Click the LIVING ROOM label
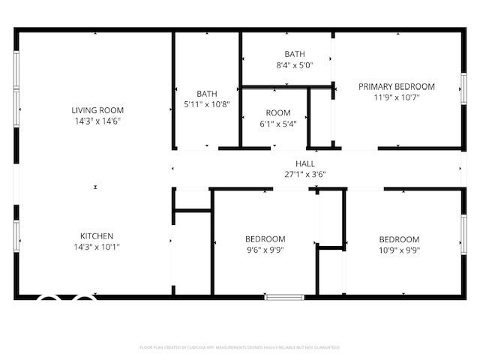click(x=97, y=110)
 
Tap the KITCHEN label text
click(x=97, y=236)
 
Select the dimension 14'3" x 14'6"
click(x=97, y=121)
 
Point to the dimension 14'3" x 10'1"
click(x=97, y=247)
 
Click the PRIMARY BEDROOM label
click(x=396, y=86)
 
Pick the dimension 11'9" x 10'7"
click(x=396, y=97)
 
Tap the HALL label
click(x=304, y=163)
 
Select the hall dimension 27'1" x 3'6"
click(x=304, y=174)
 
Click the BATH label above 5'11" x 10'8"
click(x=207, y=94)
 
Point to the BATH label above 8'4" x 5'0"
click(x=294, y=54)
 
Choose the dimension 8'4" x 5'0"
click(x=294, y=65)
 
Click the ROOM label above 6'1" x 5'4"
click(x=277, y=113)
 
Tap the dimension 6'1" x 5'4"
click(x=277, y=124)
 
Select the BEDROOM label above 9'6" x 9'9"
click(x=265, y=239)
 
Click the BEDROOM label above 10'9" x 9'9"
click(x=399, y=239)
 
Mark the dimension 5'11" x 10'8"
click(x=207, y=104)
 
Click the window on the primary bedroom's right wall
click(x=463, y=89)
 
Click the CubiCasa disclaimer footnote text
click(x=240, y=347)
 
